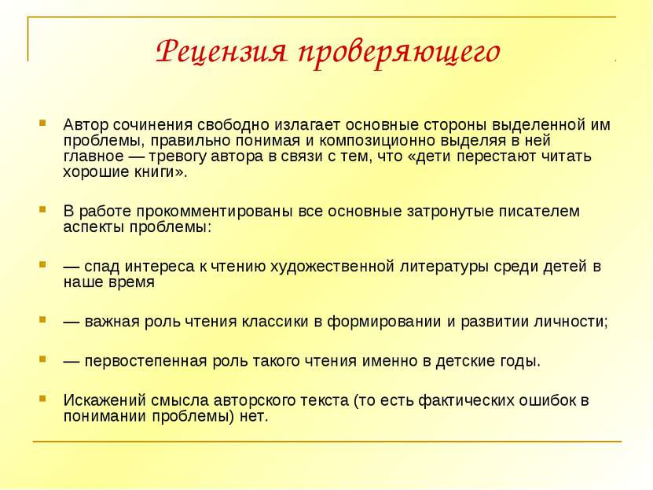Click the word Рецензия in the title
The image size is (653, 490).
[222, 51]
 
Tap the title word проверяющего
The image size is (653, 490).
[399, 54]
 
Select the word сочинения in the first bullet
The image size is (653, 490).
[153, 124]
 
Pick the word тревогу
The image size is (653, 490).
[178, 157]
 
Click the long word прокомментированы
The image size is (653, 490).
[215, 212]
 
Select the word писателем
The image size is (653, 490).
[541, 212]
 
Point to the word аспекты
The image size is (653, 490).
[94, 227]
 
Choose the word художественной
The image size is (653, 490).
[332, 267]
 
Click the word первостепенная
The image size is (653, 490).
[145, 361]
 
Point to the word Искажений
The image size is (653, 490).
[105, 400]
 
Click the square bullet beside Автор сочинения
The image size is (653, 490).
[42, 123]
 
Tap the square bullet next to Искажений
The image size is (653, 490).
[42, 399]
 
